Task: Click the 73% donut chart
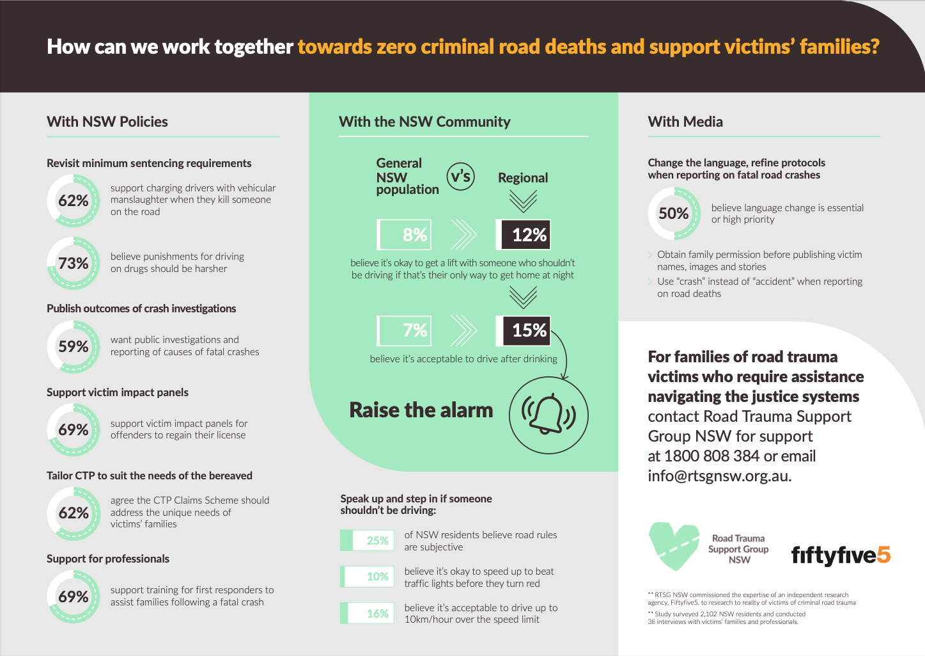74,263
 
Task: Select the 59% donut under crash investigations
74,347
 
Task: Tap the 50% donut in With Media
674,213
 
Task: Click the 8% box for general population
405,235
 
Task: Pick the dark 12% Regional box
523,235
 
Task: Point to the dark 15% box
523,330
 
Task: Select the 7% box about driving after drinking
405,330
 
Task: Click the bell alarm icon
548,415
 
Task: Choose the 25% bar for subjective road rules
367,541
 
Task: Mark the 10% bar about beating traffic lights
367,577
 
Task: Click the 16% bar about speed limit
367,613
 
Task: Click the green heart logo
674,546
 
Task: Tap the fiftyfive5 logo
841,555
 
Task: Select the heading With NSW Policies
107,122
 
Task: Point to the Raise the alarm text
421,410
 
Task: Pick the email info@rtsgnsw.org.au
719,476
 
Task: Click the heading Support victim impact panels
118,392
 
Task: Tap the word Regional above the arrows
523,178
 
